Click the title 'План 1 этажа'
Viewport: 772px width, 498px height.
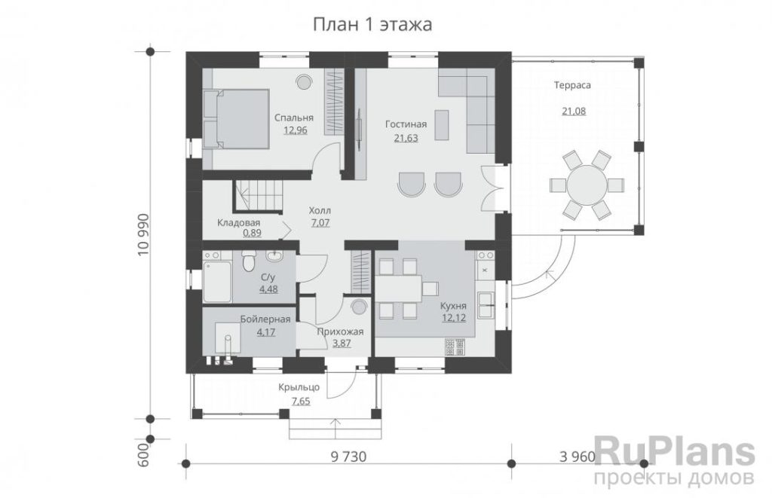point(372,24)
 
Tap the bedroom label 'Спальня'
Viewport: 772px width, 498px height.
point(294,118)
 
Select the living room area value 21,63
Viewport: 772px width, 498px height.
point(406,139)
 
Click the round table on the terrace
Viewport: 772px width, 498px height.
point(587,185)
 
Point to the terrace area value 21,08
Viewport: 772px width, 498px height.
point(574,112)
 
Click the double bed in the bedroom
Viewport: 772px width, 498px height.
point(236,118)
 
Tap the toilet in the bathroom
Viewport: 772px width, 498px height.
point(249,261)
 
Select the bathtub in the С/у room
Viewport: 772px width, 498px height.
point(217,281)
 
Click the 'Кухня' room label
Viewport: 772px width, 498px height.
point(453,306)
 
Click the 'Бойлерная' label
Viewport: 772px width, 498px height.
point(265,319)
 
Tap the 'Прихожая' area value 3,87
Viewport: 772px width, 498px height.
point(342,344)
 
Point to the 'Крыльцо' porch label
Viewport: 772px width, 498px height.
point(299,387)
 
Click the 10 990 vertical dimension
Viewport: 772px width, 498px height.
point(142,235)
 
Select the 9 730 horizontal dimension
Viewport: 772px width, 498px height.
point(348,457)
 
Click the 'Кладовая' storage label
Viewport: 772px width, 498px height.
point(239,223)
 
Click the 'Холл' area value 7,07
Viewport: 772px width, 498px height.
point(320,223)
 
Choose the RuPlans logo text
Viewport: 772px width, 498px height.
point(675,451)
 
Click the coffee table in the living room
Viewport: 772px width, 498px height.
point(442,124)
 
